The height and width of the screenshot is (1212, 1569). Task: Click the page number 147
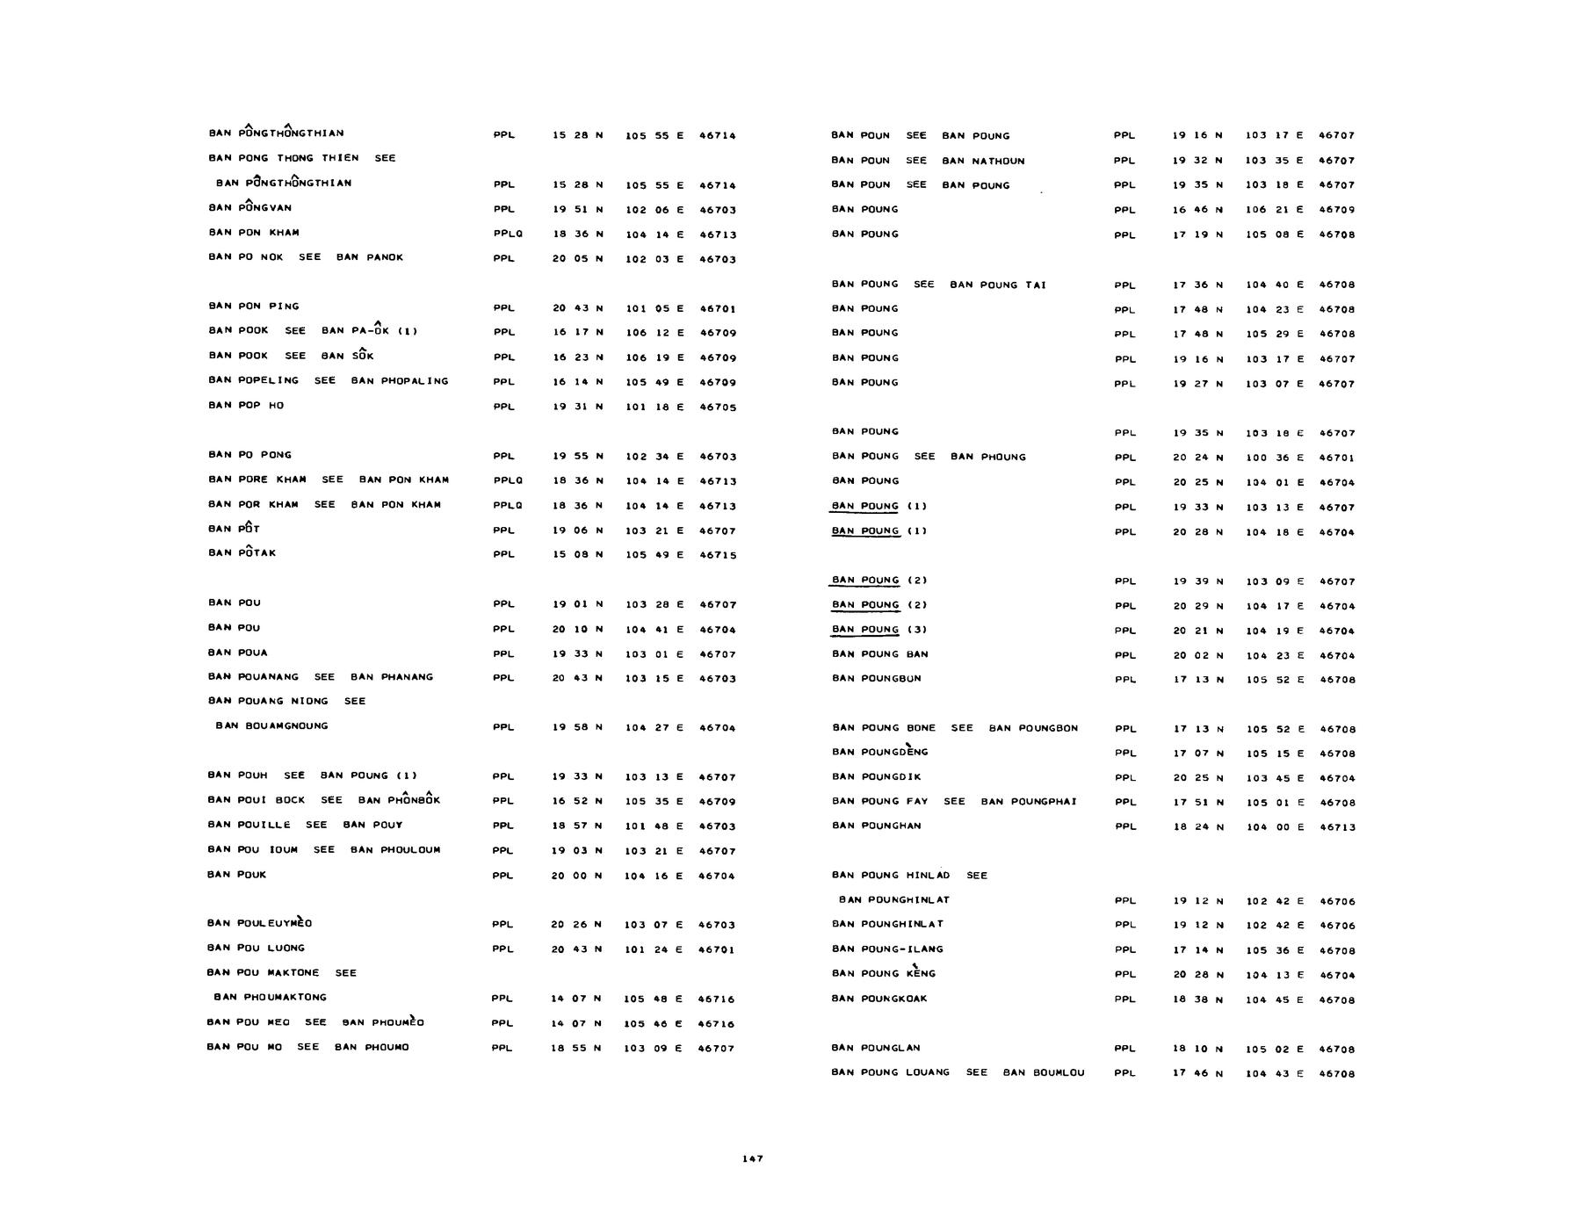(x=752, y=1159)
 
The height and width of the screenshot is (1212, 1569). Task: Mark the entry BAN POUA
(x=237, y=653)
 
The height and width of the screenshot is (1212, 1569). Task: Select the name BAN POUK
(x=236, y=875)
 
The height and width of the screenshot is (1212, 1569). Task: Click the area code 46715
(x=718, y=555)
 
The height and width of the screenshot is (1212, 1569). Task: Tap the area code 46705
(x=718, y=408)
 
